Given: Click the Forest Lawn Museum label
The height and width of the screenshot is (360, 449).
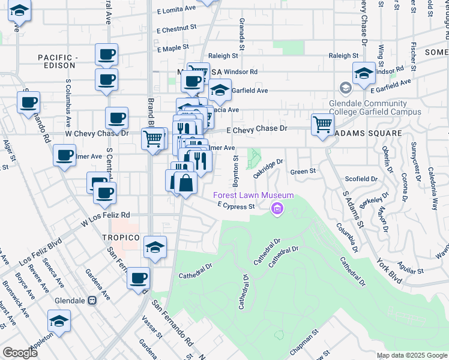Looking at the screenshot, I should point(255,195).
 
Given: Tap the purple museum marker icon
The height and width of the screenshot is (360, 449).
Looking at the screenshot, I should point(277,209).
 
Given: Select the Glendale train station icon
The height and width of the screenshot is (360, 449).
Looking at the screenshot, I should point(93,301).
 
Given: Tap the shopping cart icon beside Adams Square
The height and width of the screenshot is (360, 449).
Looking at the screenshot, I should point(322,125).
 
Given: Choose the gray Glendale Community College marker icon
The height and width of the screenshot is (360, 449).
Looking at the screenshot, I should point(346,89).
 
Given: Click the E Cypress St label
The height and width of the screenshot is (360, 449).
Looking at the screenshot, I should point(237,206).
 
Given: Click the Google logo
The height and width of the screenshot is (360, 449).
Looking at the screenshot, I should point(20,353).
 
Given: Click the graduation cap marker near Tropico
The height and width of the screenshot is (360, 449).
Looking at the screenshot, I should point(155,247).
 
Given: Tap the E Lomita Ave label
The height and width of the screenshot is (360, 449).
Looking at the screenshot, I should point(176,11).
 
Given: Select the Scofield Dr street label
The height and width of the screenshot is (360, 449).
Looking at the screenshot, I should point(361,179).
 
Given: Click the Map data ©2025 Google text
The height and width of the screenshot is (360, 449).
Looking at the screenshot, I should point(411,355).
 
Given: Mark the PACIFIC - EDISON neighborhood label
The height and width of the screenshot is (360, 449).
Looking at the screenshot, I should point(59,61).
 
